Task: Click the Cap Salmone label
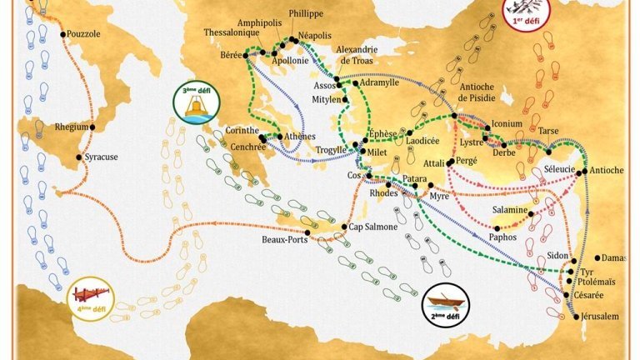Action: point(367,227)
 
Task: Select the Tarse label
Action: point(547,131)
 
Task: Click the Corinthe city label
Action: point(242,130)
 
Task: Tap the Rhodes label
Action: point(383,192)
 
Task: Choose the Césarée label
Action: point(592,295)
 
